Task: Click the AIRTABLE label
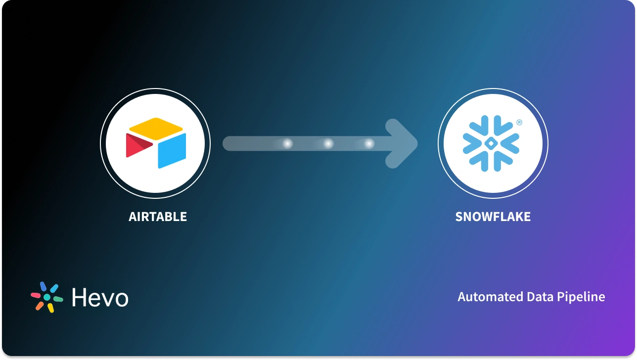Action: pyautogui.click(x=158, y=217)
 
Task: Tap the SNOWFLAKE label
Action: pyautogui.click(x=493, y=217)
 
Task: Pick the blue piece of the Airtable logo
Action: pyautogui.click(x=172, y=150)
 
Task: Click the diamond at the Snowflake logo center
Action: pyautogui.click(x=490, y=143)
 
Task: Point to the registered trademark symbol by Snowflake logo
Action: pyautogui.click(x=519, y=122)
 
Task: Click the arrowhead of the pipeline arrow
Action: pyautogui.click(x=403, y=144)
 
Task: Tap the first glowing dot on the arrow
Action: pyautogui.click(x=287, y=144)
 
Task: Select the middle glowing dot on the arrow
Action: pyautogui.click(x=328, y=144)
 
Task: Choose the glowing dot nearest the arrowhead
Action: pyautogui.click(x=369, y=144)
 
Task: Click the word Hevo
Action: pyautogui.click(x=99, y=297)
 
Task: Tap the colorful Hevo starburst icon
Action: pyautogui.click(x=47, y=297)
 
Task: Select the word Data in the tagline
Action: pyautogui.click(x=533, y=297)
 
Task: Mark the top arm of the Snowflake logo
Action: pyautogui.click(x=490, y=124)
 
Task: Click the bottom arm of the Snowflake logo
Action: pyautogui.click(x=490, y=164)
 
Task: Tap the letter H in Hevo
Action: pyautogui.click(x=80, y=297)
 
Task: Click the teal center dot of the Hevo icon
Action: pyautogui.click(x=47, y=297)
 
